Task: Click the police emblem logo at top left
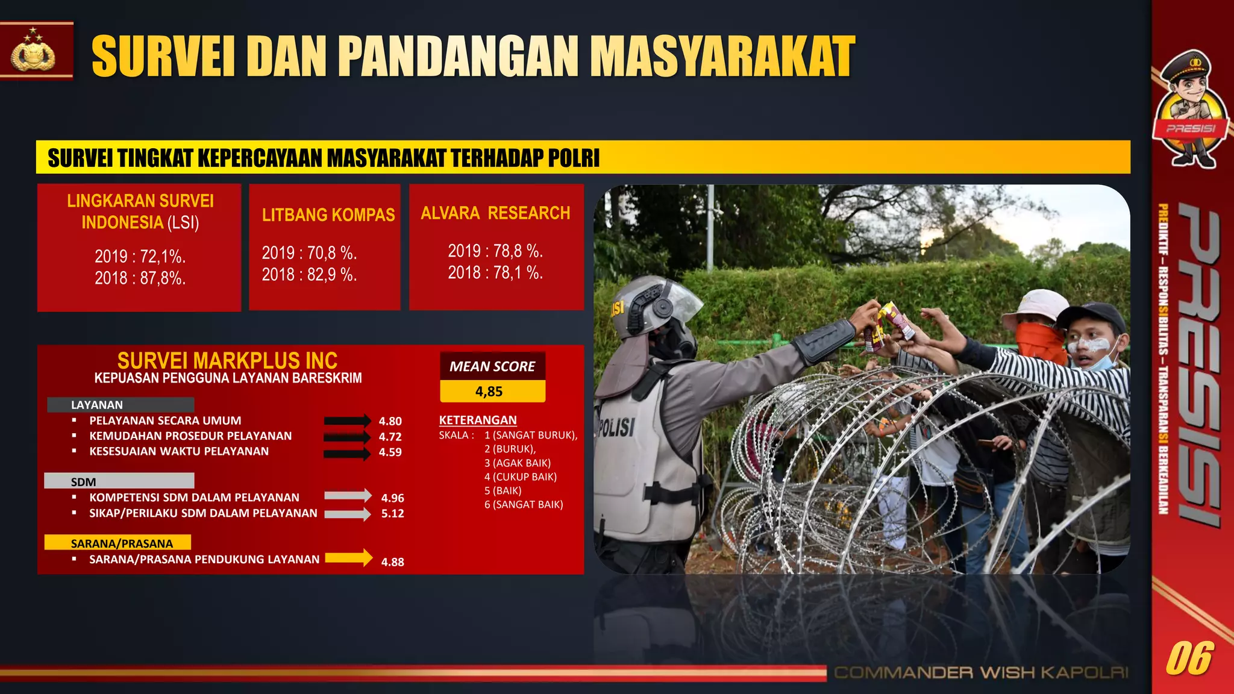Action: (x=34, y=51)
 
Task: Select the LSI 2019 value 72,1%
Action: (x=140, y=257)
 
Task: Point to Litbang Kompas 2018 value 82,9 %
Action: (x=309, y=275)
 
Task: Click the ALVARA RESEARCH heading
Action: (x=495, y=213)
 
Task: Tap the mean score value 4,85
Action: (x=489, y=392)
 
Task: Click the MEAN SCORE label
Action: (x=492, y=366)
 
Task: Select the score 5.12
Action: (x=392, y=513)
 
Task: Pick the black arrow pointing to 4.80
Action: (x=347, y=420)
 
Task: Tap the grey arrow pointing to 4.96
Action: (x=348, y=495)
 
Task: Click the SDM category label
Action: (x=83, y=481)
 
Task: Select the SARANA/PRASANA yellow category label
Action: (x=121, y=543)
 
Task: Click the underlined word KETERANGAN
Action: (x=478, y=420)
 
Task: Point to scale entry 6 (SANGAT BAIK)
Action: (x=524, y=504)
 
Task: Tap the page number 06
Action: (x=1189, y=658)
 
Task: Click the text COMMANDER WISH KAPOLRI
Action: (x=981, y=672)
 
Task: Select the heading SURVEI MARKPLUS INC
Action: (x=227, y=360)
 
